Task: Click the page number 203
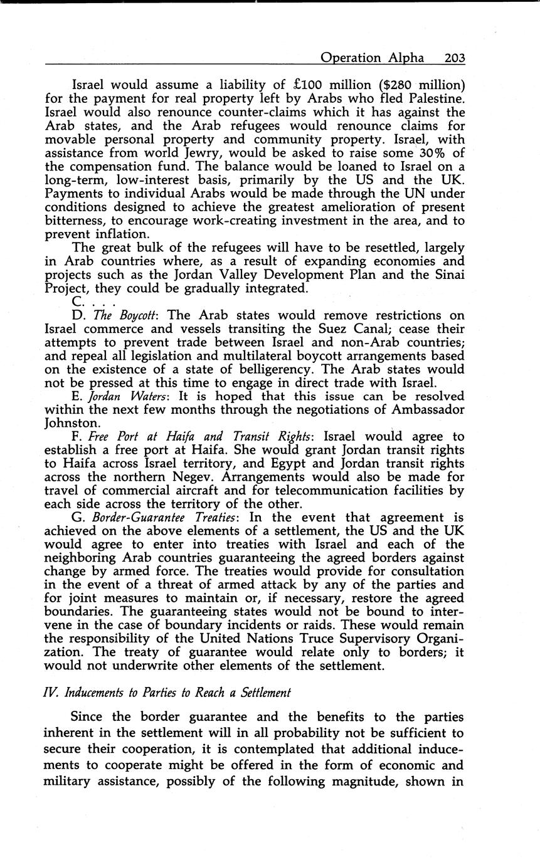click(x=454, y=58)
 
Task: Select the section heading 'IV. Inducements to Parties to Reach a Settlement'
click(x=167, y=693)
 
